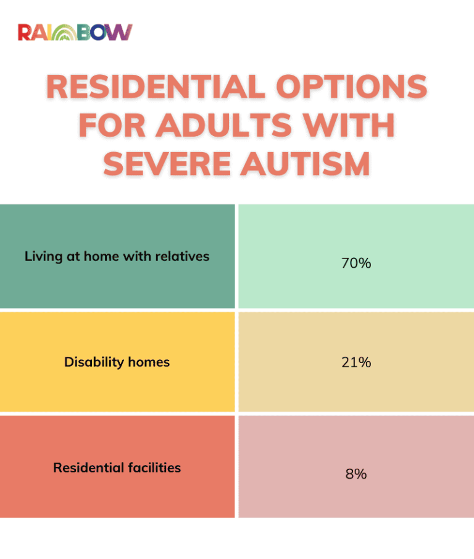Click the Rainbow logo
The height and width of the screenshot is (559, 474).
75,33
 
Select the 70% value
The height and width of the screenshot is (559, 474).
355,263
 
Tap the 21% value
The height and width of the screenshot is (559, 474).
355,362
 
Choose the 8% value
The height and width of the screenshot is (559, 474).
355,474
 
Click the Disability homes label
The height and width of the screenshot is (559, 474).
117,362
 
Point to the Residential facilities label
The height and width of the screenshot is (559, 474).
117,467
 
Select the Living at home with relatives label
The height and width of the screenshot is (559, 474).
117,256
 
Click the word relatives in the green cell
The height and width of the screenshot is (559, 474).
183,256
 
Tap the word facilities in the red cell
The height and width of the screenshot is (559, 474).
154,467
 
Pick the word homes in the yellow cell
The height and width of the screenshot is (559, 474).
148,362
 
